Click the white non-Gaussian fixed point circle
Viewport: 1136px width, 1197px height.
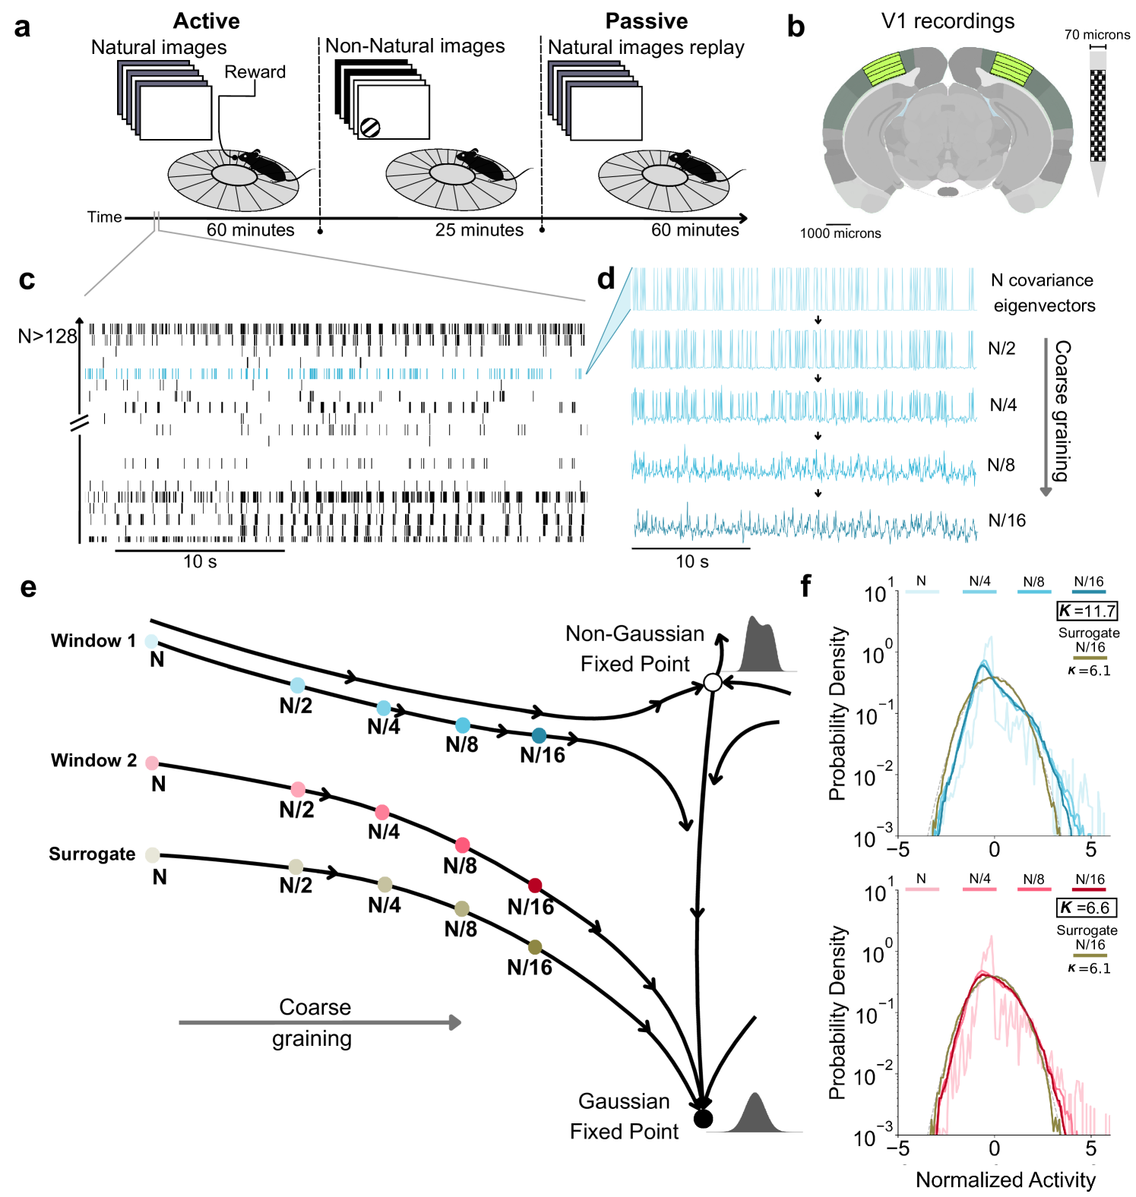pos(712,683)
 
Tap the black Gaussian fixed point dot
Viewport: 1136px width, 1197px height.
pos(703,1118)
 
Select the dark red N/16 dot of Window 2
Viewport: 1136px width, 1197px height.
pos(535,886)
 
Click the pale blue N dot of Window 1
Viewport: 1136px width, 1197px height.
pos(151,641)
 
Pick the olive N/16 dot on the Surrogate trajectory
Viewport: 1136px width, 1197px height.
pos(535,947)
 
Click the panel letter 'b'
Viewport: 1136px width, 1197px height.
pos(796,27)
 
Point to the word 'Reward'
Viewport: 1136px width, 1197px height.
pos(255,72)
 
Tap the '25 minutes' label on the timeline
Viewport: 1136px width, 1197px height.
pos(479,230)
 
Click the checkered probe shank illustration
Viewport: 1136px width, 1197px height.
pos(1098,116)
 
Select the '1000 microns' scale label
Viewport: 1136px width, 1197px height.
pos(840,234)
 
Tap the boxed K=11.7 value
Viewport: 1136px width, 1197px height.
pos(1087,611)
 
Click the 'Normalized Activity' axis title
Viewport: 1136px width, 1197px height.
pos(1005,1180)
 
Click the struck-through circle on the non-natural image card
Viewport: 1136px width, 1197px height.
pos(370,127)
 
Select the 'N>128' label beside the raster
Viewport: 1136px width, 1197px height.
pos(48,336)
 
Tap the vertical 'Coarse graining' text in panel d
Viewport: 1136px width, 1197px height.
pos(1062,410)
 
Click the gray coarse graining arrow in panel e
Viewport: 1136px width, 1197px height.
pos(319,1022)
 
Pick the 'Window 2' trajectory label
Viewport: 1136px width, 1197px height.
pos(93,760)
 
